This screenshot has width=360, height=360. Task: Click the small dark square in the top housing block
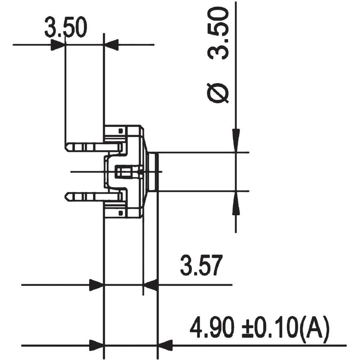tap(121, 130)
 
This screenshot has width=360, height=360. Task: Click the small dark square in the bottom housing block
tap(121, 213)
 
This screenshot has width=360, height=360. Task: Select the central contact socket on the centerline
tap(127, 172)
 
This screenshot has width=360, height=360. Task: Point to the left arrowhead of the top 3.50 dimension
tap(58, 45)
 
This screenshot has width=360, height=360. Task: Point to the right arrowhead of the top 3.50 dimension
tap(111, 45)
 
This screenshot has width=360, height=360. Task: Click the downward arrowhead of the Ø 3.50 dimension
tap(236, 140)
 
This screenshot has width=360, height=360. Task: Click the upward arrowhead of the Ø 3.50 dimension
tap(236, 203)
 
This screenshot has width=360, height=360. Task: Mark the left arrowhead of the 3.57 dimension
tap(96, 285)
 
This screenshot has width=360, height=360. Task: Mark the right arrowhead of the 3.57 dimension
tap(151, 285)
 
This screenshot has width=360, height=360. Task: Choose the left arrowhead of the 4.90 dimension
tap(96, 345)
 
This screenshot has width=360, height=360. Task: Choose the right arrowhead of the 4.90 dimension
tap(165, 345)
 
